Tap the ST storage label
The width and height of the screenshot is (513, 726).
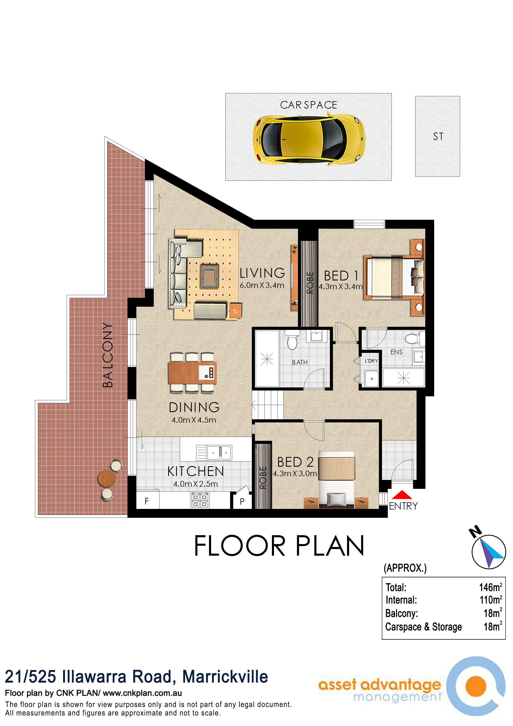click(438, 137)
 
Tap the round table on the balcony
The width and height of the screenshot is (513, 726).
click(107, 478)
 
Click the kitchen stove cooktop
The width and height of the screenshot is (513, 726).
click(200, 501)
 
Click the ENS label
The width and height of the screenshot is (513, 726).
click(396, 352)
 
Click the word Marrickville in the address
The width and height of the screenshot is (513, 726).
click(225, 677)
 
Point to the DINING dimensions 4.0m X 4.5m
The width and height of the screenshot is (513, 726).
click(194, 420)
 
